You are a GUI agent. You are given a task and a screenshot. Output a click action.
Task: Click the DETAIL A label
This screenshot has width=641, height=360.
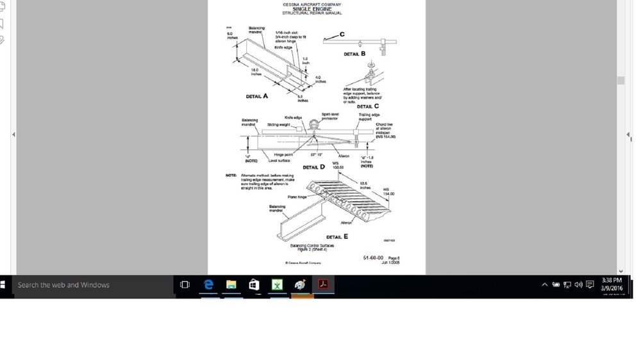257,96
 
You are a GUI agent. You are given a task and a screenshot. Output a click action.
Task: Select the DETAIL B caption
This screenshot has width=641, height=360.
354,54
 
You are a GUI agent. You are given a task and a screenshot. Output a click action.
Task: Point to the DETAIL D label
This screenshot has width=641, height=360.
313,167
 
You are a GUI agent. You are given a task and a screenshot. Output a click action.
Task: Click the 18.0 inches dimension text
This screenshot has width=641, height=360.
254,71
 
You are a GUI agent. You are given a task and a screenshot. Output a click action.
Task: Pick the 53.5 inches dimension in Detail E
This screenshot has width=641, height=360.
365,185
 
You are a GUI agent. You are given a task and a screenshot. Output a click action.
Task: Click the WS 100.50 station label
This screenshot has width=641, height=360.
338,165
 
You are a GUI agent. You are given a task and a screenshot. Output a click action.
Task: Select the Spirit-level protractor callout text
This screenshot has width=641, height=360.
329,117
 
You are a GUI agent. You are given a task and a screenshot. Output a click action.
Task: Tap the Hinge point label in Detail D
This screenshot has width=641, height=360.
283,155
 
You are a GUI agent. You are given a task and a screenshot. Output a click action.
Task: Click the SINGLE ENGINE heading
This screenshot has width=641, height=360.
312,9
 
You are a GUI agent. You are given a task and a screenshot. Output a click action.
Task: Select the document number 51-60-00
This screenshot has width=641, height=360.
373,258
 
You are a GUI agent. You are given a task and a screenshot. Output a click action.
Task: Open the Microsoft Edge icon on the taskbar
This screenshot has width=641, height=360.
208,285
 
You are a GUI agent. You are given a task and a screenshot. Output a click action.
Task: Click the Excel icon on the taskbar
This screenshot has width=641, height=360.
277,285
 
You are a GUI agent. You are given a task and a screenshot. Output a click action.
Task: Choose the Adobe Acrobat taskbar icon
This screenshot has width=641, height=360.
323,285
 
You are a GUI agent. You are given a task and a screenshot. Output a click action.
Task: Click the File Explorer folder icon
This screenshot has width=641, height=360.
231,285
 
